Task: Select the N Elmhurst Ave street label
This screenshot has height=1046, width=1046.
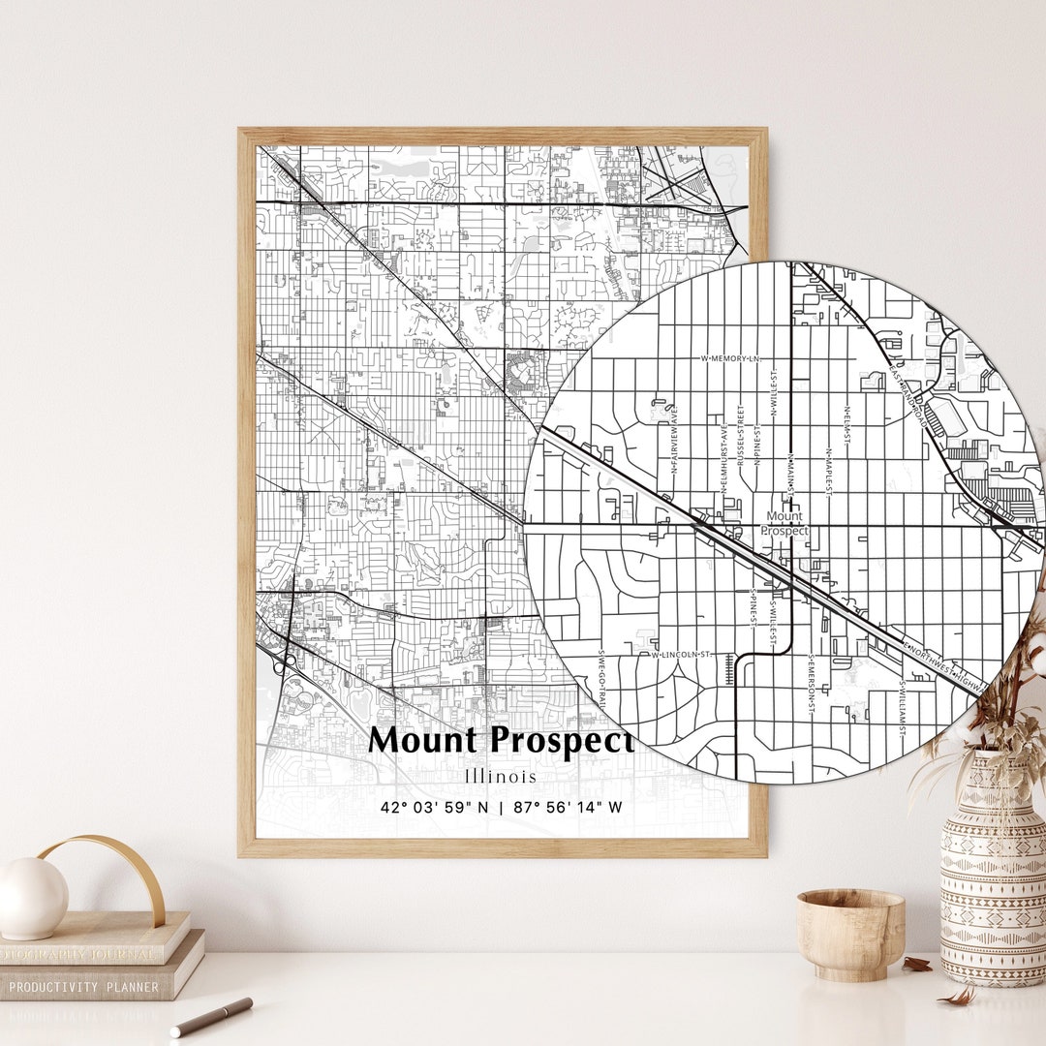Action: [723, 457]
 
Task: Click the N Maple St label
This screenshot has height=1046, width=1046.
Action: [829, 470]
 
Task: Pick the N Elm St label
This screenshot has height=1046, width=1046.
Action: [847, 423]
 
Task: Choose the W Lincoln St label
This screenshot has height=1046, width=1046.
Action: [681, 655]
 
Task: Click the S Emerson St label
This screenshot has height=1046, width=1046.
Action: [811, 687]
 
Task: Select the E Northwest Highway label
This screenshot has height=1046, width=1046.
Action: [944, 665]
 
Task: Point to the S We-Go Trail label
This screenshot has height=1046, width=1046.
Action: [601, 677]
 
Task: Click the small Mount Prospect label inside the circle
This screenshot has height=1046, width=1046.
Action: [784, 523]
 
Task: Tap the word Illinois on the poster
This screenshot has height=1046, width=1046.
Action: [500, 776]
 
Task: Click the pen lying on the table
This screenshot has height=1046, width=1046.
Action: [211, 1016]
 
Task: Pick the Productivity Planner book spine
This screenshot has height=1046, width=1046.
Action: [87, 986]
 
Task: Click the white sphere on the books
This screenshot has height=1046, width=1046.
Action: [32, 897]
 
